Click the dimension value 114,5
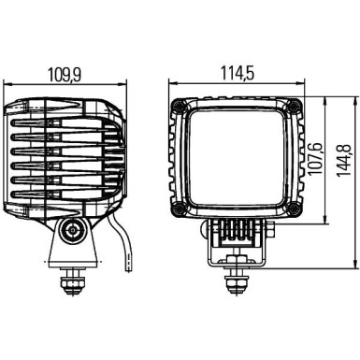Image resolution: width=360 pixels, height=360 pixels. [x=237, y=72]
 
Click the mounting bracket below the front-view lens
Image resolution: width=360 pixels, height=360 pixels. [x=238, y=234]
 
